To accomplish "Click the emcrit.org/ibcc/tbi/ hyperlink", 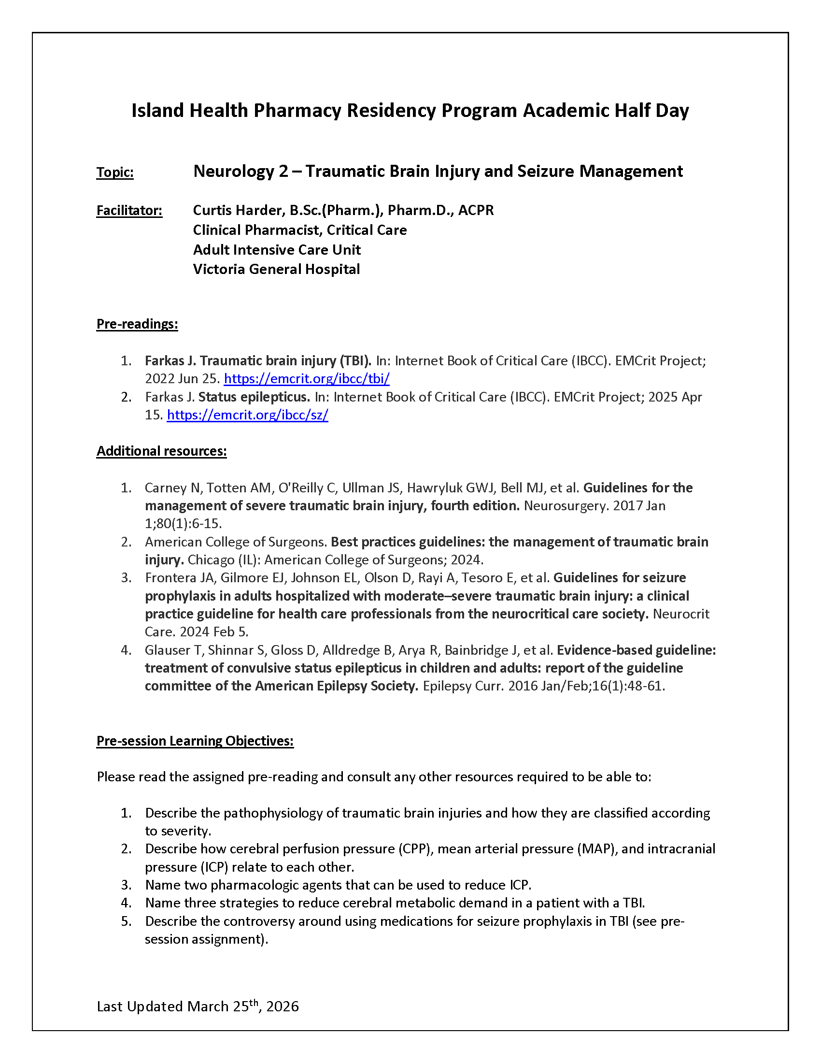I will [306, 379].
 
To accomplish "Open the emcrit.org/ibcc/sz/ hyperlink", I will [247, 415].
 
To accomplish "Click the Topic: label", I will [115, 172].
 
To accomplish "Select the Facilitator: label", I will [129, 211].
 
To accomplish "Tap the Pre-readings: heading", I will [137, 324].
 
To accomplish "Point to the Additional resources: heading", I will [161, 451].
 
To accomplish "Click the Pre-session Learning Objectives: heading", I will [195, 741].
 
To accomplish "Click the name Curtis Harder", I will [237, 210].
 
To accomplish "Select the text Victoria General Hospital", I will [276, 269].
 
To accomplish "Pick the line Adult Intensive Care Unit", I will [277, 250].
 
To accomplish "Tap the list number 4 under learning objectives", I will [126, 903].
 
